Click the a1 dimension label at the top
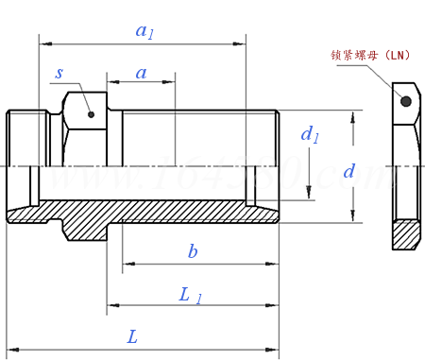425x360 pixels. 144,30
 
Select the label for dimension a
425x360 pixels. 142,73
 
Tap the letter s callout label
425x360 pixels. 59,72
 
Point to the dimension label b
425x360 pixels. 193,251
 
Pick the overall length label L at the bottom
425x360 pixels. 132,336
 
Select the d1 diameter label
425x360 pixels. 310,135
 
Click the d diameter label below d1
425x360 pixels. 348,171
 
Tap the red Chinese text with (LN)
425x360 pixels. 370,55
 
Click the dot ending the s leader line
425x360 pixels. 92,115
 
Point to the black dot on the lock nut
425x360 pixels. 405,100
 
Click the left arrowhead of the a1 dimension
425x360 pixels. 43,43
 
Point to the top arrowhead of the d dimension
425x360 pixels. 353,116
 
